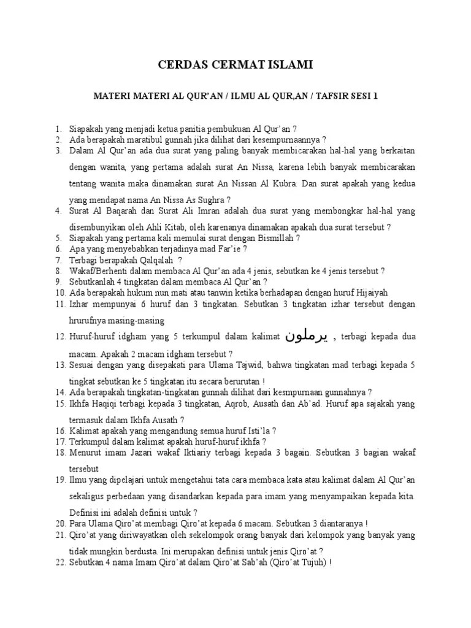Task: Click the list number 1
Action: pos(58,129)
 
